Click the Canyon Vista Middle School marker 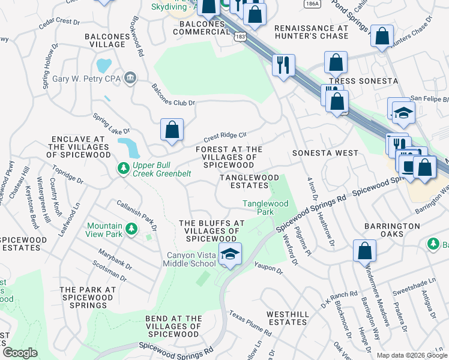(x=229, y=254)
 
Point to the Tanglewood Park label (x=265, y=208)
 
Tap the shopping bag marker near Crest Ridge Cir (x=172, y=130)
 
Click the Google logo (x=20, y=353)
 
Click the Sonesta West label (x=325, y=153)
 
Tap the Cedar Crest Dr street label (x=59, y=23)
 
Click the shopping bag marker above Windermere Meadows (x=364, y=251)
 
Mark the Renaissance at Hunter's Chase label (x=311, y=32)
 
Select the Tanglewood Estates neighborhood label (x=249, y=182)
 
